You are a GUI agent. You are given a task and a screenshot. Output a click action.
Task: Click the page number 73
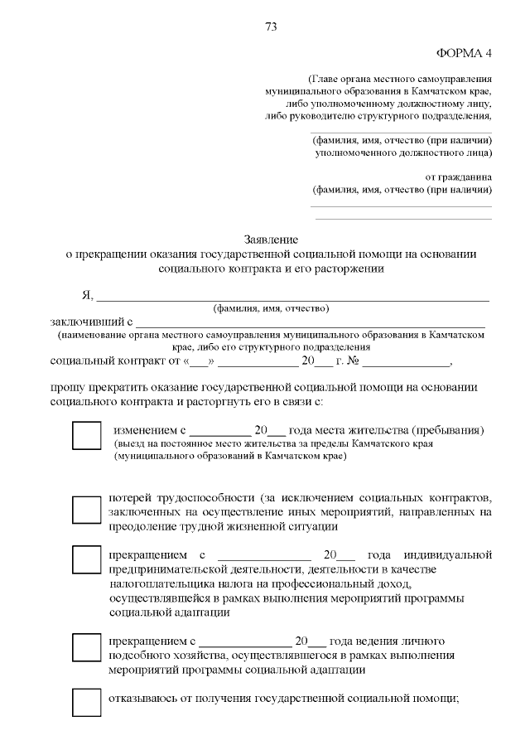point(271,27)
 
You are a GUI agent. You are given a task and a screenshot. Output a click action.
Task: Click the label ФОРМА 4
point(464,53)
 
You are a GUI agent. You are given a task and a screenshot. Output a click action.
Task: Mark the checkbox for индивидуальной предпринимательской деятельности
point(86,559)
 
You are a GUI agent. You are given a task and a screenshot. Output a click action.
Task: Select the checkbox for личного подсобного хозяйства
point(86,648)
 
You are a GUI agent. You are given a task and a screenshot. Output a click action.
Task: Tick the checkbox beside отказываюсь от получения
point(86,702)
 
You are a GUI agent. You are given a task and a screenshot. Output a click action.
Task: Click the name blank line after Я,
point(293,296)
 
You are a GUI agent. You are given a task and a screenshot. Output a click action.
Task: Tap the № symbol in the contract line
point(351,362)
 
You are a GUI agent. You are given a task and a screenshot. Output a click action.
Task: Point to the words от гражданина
point(458,177)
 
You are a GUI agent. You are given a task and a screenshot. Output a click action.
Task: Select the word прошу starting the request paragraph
point(68,387)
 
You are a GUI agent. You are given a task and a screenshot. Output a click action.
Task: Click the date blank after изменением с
point(219,432)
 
